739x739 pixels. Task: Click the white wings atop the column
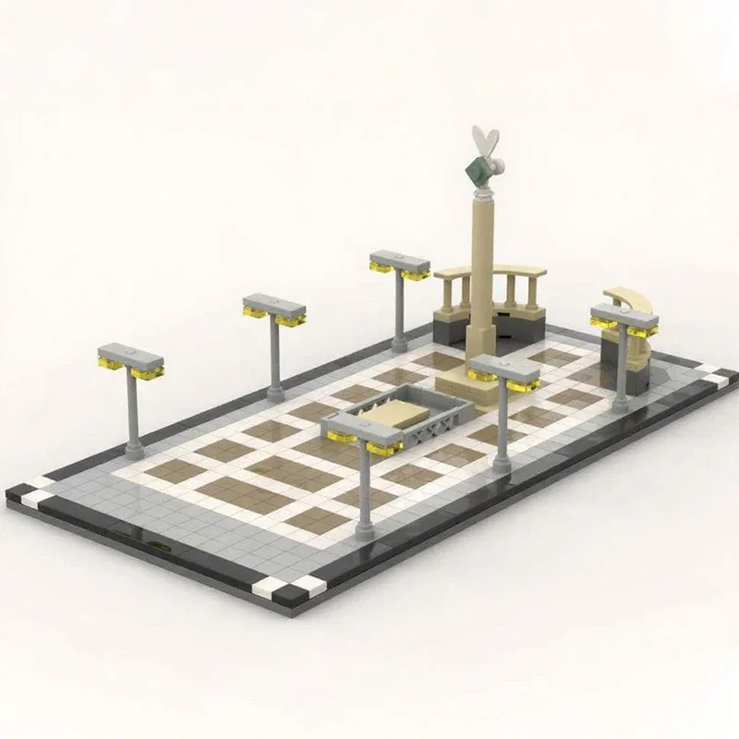click(x=484, y=143)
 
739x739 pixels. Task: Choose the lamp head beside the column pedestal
click(x=503, y=370)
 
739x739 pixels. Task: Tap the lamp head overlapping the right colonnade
click(x=624, y=320)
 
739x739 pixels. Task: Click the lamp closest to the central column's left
click(x=399, y=263)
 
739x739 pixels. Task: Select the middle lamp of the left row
click(x=274, y=309)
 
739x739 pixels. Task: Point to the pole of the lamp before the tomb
click(x=364, y=499)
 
